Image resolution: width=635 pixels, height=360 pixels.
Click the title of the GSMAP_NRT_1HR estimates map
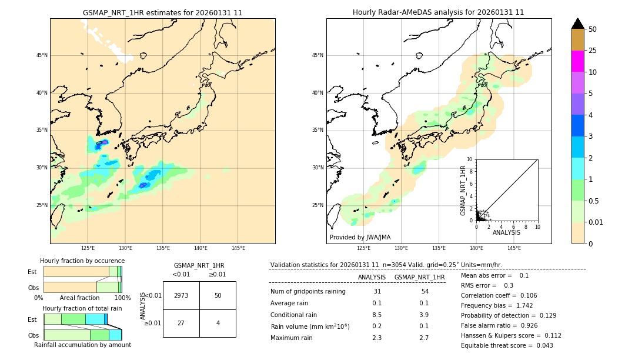click(162, 12)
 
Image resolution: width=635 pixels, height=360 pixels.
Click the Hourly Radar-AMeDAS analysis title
click(438, 12)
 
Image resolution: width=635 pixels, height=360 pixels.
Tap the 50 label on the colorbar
click(593, 29)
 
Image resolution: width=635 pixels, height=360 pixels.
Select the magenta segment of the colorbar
click(577, 61)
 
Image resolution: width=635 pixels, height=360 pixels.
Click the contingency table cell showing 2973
click(181, 295)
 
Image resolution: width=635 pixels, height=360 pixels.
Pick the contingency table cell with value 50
click(218, 295)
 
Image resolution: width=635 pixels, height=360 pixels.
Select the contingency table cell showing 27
click(181, 323)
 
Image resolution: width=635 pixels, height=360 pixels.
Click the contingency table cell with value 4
click(218, 323)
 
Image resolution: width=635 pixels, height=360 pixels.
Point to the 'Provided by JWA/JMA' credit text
click(360, 237)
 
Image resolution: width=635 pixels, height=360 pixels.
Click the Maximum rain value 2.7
click(424, 338)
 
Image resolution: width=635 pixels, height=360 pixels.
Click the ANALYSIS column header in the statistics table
click(372, 277)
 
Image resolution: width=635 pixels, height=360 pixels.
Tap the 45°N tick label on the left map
click(42, 55)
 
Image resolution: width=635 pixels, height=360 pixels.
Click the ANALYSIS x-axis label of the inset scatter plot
click(506, 232)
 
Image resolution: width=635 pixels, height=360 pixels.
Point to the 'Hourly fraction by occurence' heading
click(82, 261)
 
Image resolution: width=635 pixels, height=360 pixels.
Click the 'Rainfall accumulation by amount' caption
click(82, 345)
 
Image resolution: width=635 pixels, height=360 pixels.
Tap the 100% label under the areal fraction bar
click(122, 298)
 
